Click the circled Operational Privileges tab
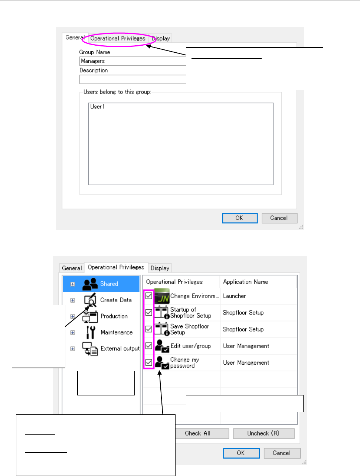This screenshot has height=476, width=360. [118, 38]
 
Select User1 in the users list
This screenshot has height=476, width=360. [98, 107]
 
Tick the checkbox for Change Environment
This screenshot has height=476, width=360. [149, 296]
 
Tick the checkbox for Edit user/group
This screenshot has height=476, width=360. [149, 346]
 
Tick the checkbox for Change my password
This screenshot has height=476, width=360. [149, 362]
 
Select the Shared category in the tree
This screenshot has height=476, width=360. [109, 284]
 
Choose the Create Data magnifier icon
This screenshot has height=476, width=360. [90, 300]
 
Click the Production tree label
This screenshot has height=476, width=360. [114, 316]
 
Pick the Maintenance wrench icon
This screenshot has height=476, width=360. [90, 332]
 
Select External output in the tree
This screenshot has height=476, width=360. [120, 349]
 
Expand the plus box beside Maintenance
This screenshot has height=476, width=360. [73, 333]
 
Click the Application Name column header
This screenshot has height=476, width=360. [245, 282]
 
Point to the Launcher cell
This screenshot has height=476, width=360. [234, 296]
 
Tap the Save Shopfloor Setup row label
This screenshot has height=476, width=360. [189, 329]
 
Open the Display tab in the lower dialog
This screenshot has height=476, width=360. [160, 268]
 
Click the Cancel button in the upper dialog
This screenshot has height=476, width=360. [279, 218]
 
